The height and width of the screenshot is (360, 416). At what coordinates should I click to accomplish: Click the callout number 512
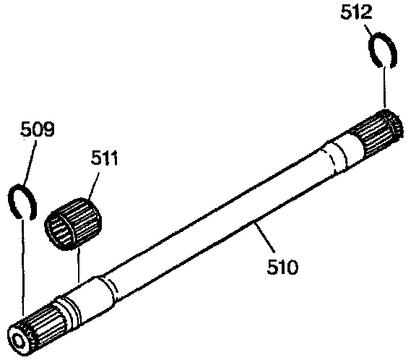[356, 12]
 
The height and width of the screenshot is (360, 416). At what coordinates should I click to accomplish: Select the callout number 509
[37, 129]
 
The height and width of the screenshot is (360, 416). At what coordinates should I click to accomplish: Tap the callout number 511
[104, 158]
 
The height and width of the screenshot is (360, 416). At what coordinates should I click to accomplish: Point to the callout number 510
[282, 267]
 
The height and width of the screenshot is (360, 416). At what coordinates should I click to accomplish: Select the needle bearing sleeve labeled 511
[73, 223]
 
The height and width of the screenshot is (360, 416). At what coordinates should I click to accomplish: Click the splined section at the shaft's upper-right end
[378, 133]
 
